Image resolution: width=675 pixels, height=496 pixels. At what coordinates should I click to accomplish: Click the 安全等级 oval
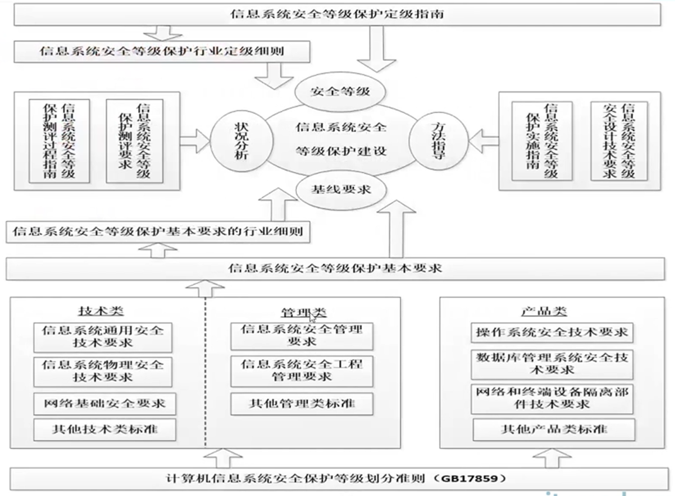(340, 92)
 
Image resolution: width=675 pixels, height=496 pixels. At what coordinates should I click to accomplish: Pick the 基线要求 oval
(341, 189)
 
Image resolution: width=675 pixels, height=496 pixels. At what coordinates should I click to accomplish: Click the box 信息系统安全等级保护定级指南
(337, 14)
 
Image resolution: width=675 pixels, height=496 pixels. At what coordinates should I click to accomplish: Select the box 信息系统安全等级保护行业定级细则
(162, 52)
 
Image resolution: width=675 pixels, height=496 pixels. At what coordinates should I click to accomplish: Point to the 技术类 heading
(101, 311)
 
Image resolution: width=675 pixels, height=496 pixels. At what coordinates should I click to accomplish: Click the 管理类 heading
(303, 313)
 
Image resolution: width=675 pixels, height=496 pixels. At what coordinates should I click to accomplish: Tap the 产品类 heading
(544, 311)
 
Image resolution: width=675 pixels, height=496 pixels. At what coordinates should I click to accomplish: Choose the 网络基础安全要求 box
(105, 404)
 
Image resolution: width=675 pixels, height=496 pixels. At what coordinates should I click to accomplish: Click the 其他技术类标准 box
(105, 429)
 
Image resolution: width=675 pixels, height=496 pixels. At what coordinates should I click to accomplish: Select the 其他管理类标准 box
(302, 404)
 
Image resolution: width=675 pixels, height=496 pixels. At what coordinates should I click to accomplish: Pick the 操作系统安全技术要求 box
(552, 333)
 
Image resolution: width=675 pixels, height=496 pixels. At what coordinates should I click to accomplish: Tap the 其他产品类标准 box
(554, 429)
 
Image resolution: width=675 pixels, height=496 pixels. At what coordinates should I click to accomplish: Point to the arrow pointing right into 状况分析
(195, 140)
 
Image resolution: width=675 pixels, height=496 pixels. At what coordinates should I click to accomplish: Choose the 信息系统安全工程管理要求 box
(302, 371)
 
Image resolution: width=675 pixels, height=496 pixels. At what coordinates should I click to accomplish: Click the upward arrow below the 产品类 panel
(552, 458)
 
